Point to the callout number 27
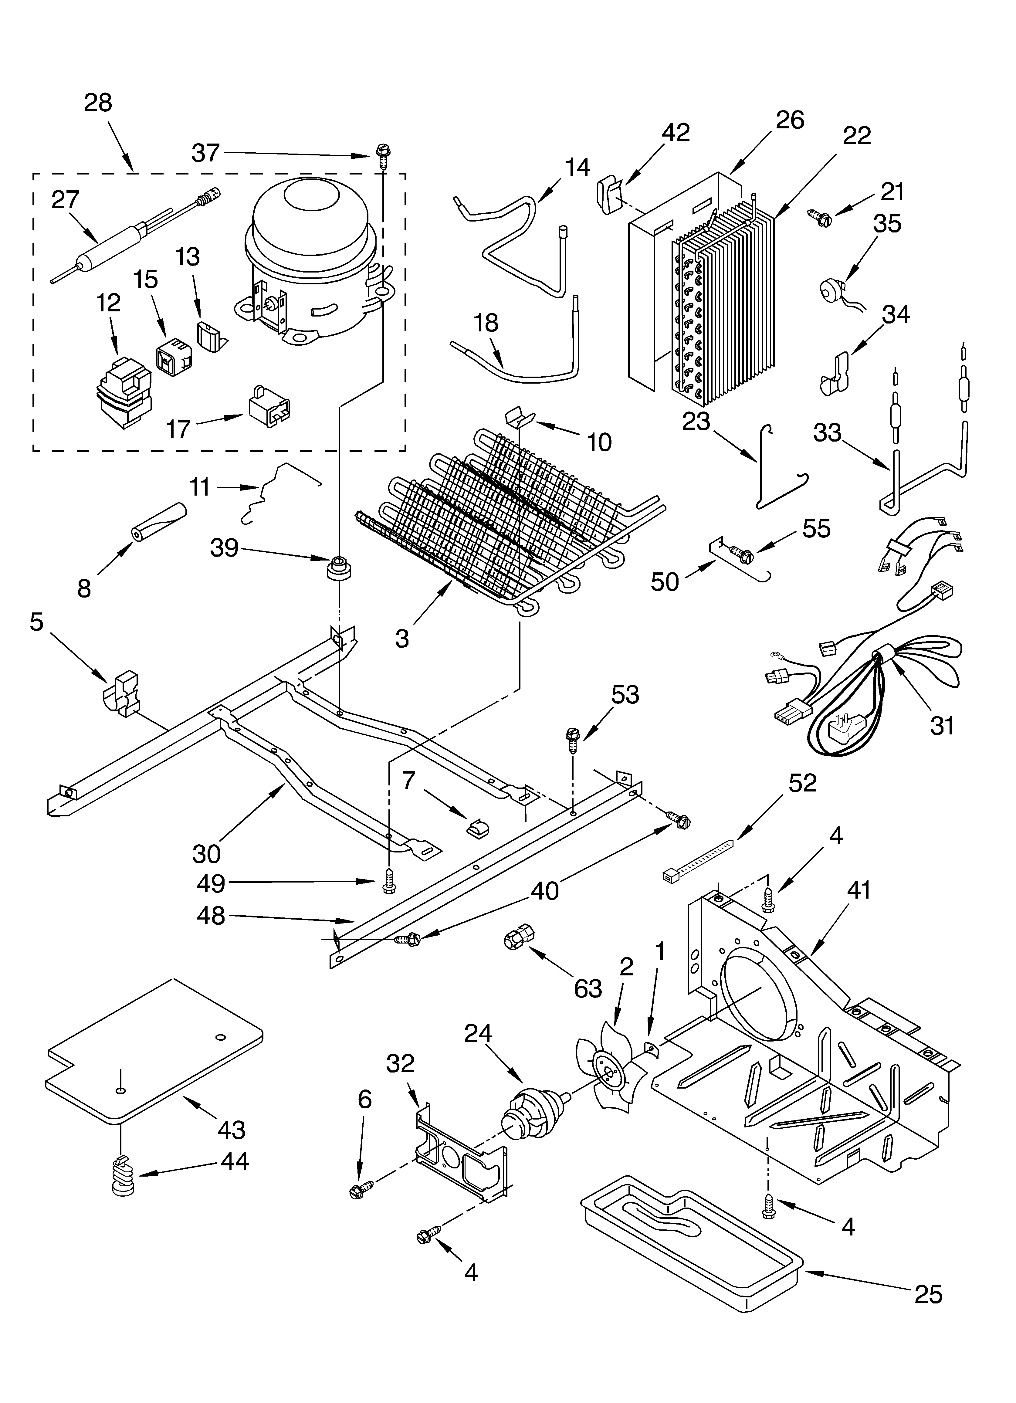[x=66, y=200]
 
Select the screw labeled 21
[x=820, y=216]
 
